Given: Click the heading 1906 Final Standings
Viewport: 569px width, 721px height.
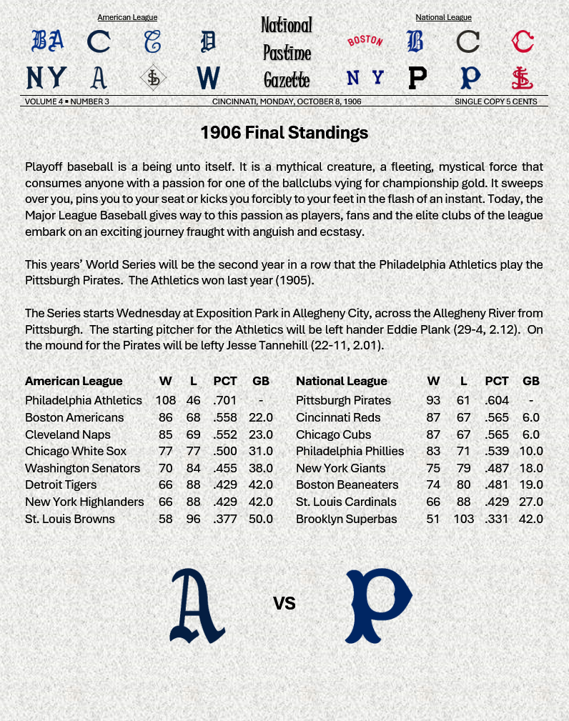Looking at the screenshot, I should tap(284, 132).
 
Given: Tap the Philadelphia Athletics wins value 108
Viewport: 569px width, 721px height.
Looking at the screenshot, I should tap(165, 400).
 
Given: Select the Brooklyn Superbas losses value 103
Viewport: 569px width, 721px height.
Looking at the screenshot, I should tap(463, 519).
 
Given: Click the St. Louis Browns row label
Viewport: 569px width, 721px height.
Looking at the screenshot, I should tap(69, 519).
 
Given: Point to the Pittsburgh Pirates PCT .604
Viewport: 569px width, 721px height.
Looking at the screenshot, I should tap(497, 400).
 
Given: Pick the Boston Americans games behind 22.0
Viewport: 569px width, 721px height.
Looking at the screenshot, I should tap(261, 417).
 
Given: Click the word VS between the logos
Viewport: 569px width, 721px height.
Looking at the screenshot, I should tap(284, 604).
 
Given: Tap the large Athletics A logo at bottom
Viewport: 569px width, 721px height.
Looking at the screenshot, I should tap(197, 606).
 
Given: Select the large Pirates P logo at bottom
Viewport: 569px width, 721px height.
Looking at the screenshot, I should tap(378, 606).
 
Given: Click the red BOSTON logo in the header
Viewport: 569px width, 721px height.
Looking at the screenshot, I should tap(365, 41).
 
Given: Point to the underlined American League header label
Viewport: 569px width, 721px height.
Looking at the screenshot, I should tap(127, 17).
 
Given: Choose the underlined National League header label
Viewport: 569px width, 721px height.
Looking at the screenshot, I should tap(443, 17).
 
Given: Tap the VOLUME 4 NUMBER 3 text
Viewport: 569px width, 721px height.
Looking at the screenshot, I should tap(67, 101).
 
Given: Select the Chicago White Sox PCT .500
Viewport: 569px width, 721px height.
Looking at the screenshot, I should tap(224, 451).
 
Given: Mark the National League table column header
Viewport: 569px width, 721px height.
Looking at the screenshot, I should tap(341, 381).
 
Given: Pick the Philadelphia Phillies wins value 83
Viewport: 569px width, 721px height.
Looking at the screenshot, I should tap(433, 451).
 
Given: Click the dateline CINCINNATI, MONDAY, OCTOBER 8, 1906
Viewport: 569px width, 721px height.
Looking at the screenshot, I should tap(287, 101).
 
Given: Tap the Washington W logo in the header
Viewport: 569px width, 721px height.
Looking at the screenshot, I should tap(207, 77).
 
